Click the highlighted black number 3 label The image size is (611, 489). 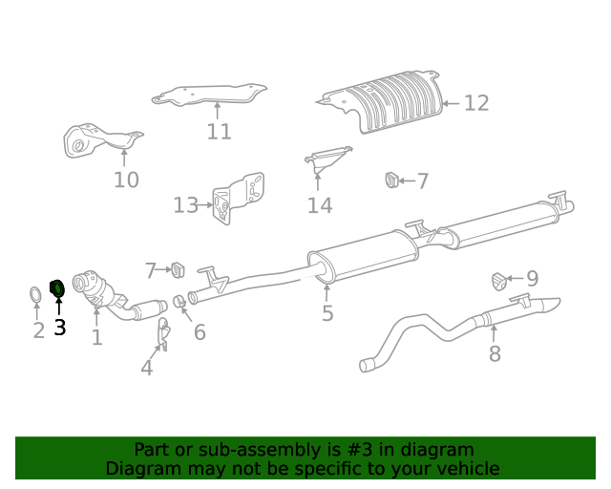click(59, 328)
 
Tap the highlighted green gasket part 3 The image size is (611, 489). click(56, 287)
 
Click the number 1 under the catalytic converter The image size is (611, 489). click(96, 337)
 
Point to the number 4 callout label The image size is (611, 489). click(146, 368)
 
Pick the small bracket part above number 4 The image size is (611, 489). click(163, 333)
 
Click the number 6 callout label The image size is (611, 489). click(200, 332)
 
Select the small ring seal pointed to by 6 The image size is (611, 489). click(179, 303)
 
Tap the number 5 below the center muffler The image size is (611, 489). click(327, 313)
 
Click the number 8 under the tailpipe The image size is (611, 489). click(495, 354)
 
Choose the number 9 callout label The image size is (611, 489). click(532, 279)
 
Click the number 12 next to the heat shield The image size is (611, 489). click(476, 103)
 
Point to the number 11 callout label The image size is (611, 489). click(219, 132)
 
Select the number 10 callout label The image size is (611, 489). click(126, 180)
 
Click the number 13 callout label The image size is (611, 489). click(185, 204)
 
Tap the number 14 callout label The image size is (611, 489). click(319, 205)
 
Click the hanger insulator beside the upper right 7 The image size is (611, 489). click(391, 180)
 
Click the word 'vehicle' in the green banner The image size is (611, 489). click(466, 468)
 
